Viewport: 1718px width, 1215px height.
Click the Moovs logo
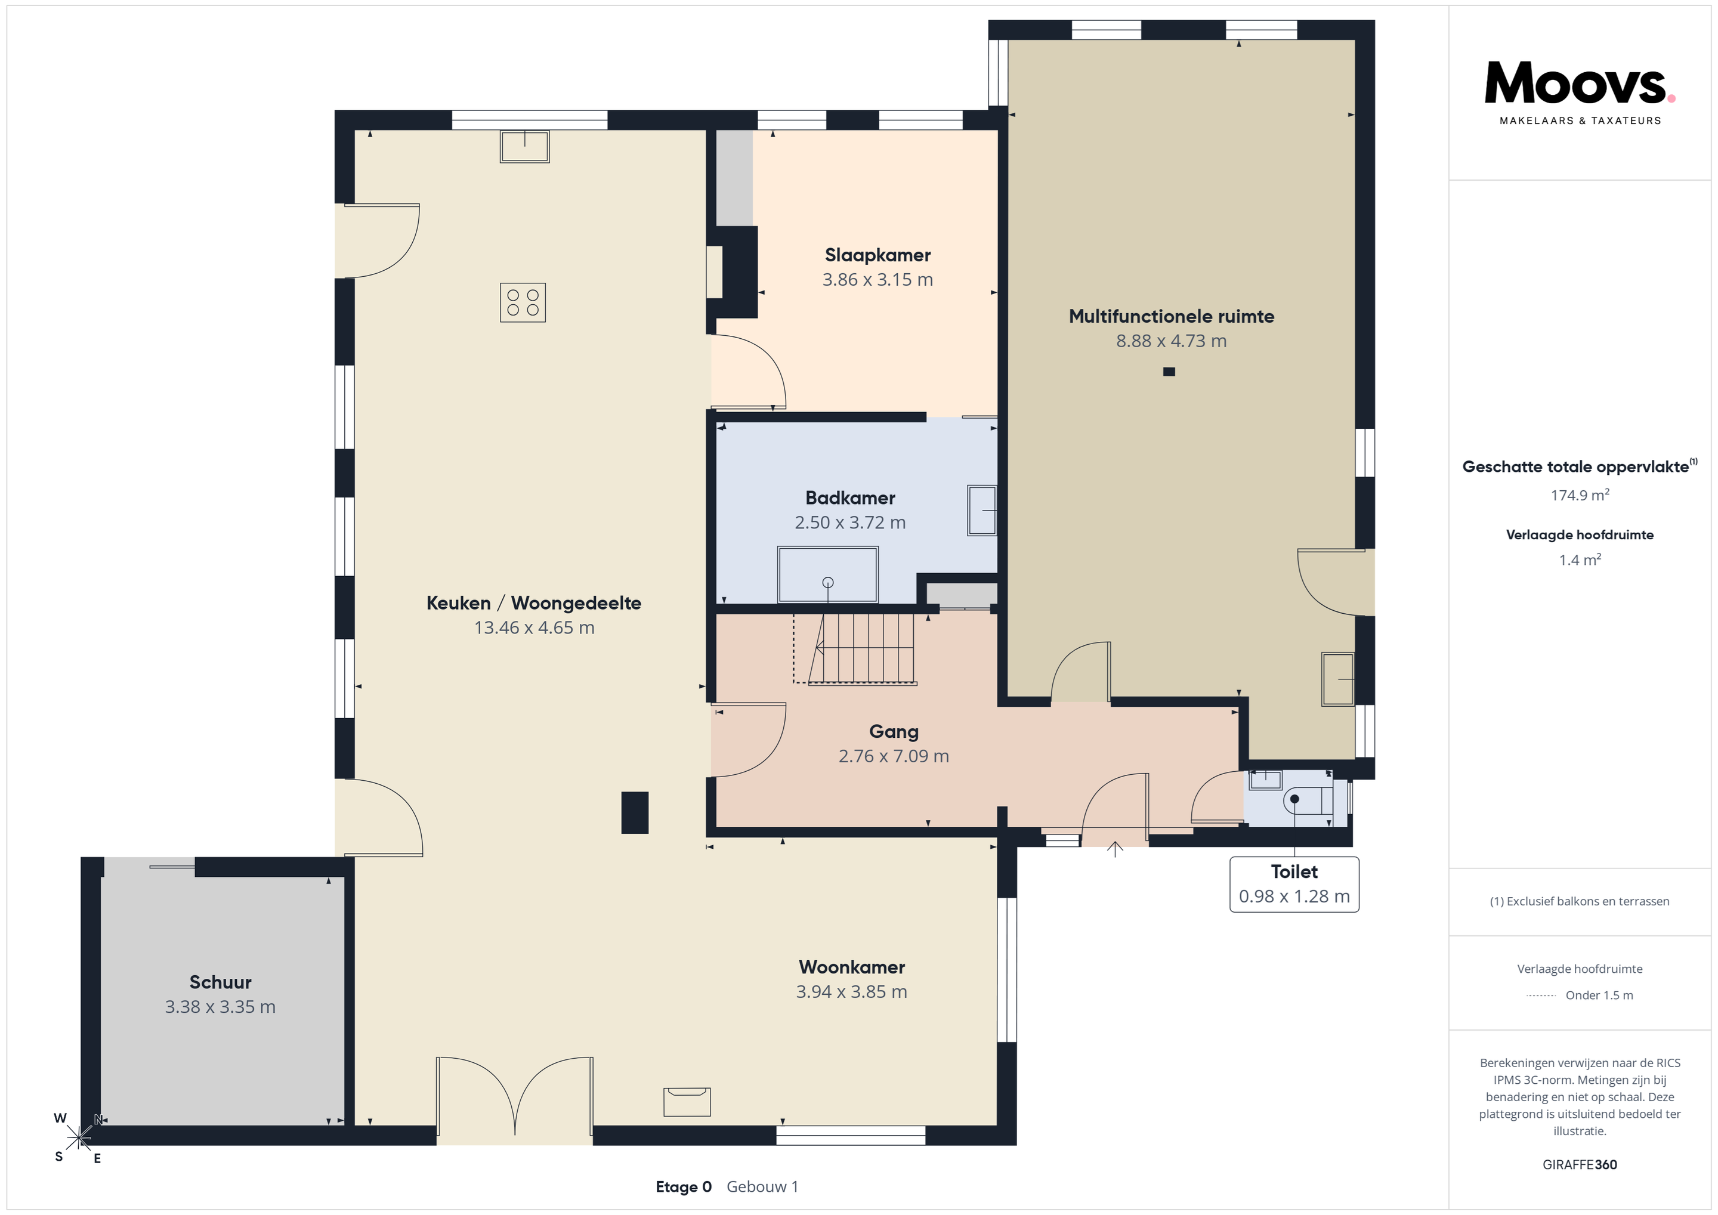[1580, 92]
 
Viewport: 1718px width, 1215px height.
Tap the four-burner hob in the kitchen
[523, 302]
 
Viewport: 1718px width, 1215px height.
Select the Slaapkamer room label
[877, 255]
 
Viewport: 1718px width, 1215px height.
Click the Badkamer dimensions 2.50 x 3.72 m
[850, 523]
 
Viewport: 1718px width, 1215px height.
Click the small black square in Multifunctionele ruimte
[1169, 372]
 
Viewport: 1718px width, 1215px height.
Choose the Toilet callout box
[1294, 885]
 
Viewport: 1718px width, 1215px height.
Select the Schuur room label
[220, 982]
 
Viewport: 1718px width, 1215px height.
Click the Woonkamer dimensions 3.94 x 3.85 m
[851, 991]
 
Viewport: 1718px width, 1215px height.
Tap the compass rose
[79, 1138]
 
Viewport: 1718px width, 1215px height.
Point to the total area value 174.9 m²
[1580, 494]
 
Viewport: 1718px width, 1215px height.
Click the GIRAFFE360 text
[1580, 1164]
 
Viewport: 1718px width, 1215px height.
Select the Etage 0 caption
[683, 1186]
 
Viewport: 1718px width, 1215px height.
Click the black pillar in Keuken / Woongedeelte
[635, 812]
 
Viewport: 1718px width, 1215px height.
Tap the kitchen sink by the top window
[524, 147]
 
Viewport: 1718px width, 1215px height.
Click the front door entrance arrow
[1115, 849]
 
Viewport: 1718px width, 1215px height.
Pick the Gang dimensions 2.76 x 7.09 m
[894, 756]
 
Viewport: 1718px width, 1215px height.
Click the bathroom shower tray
[827, 574]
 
